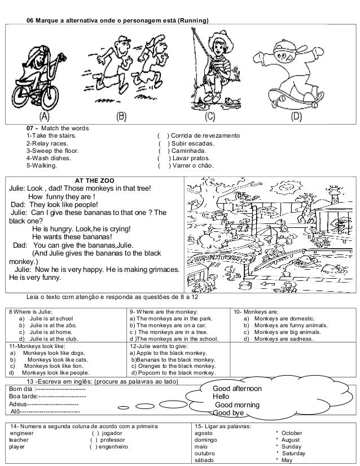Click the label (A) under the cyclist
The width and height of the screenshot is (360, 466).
click(43, 117)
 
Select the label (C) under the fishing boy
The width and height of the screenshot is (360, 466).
click(209, 117)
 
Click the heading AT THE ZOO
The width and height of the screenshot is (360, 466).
click(99, 180)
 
